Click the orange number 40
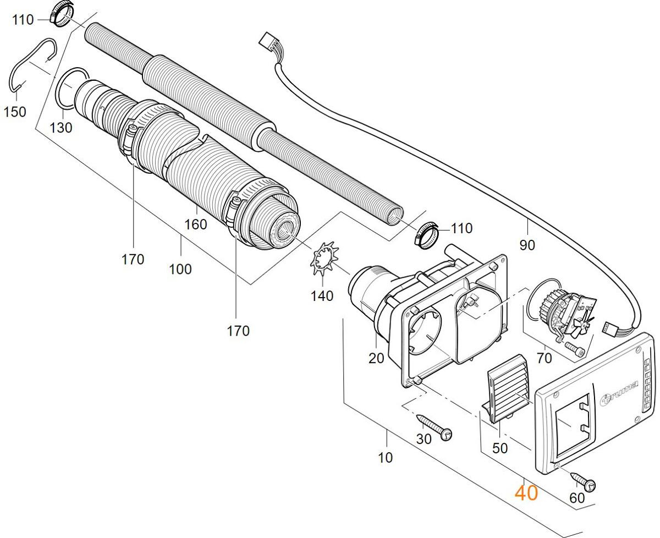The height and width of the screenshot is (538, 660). [526, 492]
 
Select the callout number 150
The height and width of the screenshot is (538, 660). [14, 112]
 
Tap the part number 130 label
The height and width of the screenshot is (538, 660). [61, 128]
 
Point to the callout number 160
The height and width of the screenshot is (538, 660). [196, 224]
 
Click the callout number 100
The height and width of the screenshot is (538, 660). [180, 269]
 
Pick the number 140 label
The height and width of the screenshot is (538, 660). [322, 296]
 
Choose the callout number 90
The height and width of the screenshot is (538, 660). [527, 245]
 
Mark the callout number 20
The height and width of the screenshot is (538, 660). [376, 358]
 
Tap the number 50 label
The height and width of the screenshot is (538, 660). [499, 448]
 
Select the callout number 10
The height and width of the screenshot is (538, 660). [386, 457]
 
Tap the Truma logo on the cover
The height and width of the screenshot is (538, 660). [619, 394]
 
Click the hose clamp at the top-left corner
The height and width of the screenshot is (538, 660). [61, 14]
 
